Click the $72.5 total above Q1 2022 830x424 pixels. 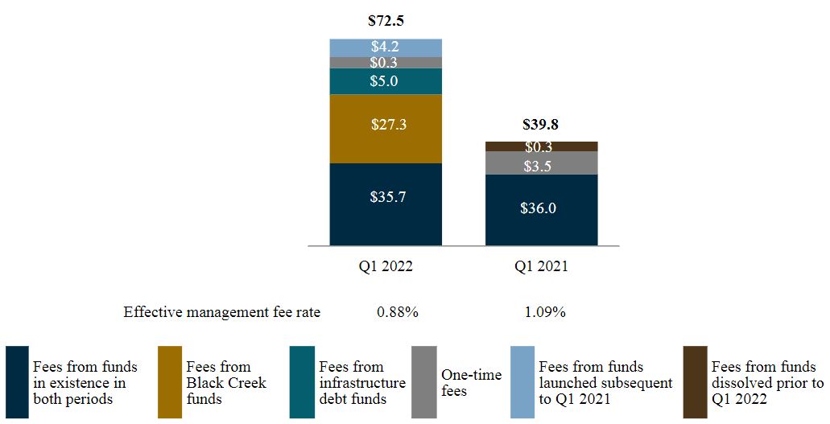click(x=386, y=20)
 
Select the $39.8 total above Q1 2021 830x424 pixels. click(x=541, y=124)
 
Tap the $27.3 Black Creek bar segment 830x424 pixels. click(x=386, y=125)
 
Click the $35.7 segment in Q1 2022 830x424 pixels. click(x=386, y=196)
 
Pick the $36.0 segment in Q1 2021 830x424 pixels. click(x=541, y=208)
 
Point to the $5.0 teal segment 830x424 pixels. click(x=386, y=81)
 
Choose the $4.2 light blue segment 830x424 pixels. click(x=386, y=47)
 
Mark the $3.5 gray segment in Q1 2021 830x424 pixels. click(x=541, y=167)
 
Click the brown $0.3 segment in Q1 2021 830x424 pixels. click(x=541, y=146)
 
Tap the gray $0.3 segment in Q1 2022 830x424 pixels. click(x=386, y=62)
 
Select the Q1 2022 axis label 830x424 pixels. click(x=386, y=267)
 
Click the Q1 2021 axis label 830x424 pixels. click(x=541, y=267)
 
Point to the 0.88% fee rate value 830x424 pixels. click(x=397, y=312)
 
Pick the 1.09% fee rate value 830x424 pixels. click(x=544, y=312)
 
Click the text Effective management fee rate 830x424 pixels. click(x=221, y=312)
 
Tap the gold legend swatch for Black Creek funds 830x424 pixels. click(x=169, y=382)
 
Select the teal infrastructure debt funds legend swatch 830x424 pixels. click(x=302, y=382)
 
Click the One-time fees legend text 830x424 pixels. click(x=471, y=383)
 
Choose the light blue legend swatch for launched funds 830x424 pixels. click(x=522, y=382)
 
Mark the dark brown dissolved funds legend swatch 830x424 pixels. click(x=695, y=382)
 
